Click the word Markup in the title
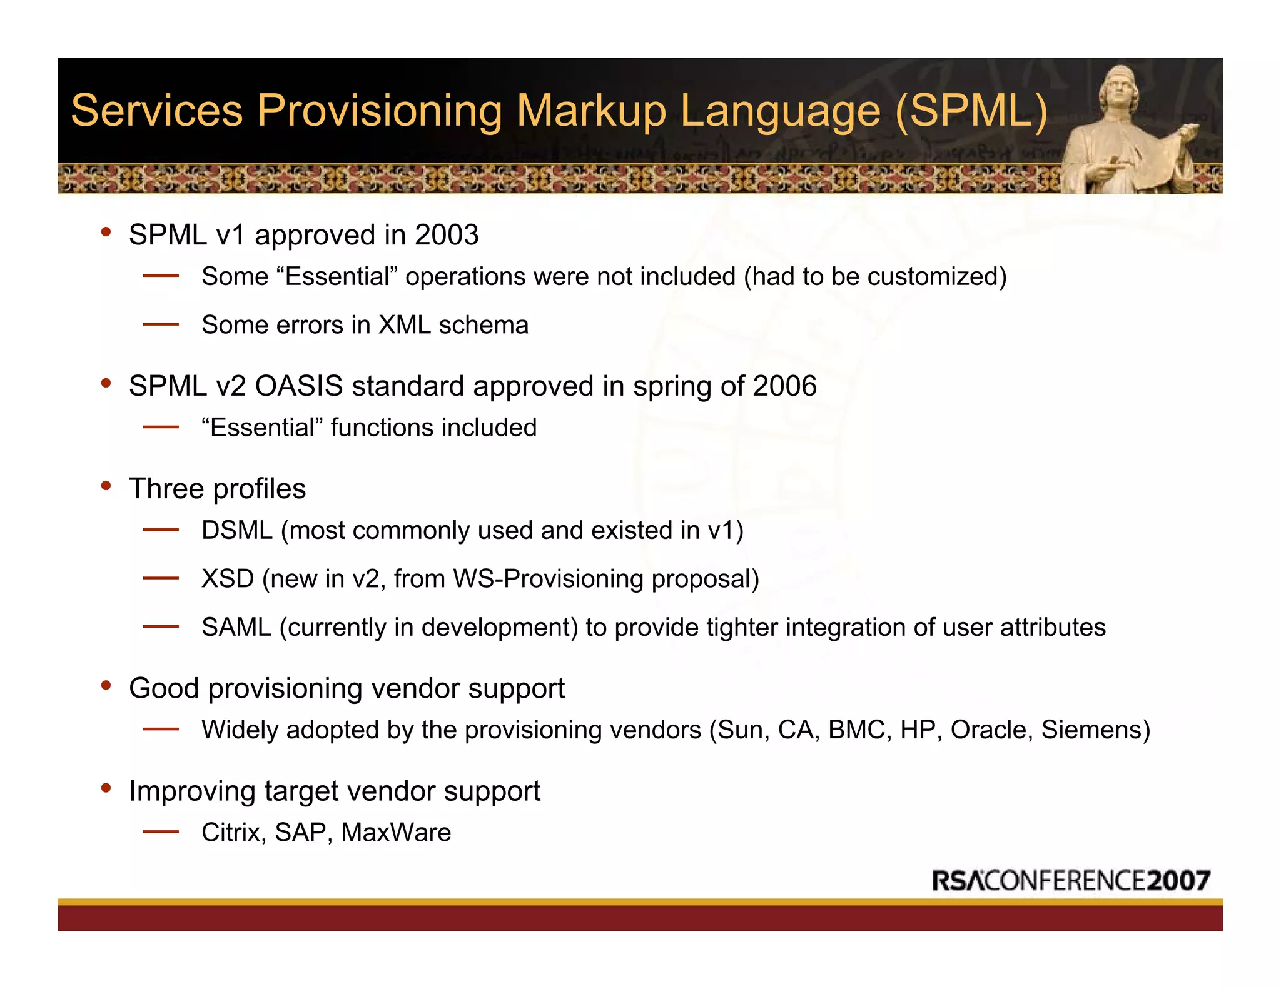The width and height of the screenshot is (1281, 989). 590,111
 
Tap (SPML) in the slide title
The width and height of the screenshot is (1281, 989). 971,111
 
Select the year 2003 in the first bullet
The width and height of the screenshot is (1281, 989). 447,236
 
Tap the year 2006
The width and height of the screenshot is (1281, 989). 784,386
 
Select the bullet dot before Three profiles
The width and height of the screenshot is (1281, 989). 106,486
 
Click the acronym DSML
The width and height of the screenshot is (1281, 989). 237,531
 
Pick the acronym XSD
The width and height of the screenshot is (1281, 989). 228,579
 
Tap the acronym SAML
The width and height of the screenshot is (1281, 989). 236,627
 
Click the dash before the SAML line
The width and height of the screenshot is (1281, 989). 161,626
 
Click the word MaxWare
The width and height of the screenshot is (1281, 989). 396,833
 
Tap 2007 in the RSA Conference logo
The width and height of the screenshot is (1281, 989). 1178,881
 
